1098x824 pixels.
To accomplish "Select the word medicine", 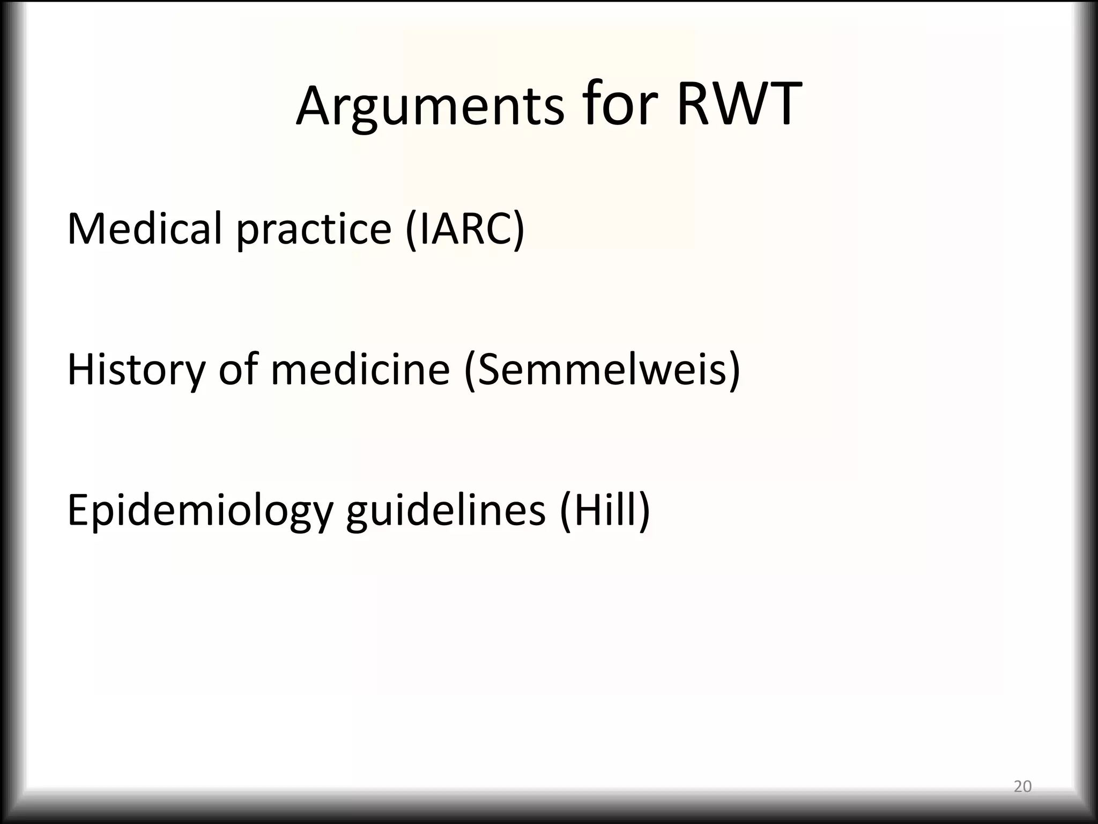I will click(x=360, y=370).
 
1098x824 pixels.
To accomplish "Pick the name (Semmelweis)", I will click(x=602, y=371).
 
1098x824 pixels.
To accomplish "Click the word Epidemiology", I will click(x=199, y=511).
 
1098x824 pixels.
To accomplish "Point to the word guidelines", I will click(x=446, y=511).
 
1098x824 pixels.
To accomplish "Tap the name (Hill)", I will click(x=605, y=511).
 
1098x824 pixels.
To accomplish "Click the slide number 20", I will click(x=1022, y=786).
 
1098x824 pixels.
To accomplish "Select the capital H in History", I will click(x=80, y=370).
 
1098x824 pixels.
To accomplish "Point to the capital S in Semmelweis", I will click(x=492, y=371).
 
